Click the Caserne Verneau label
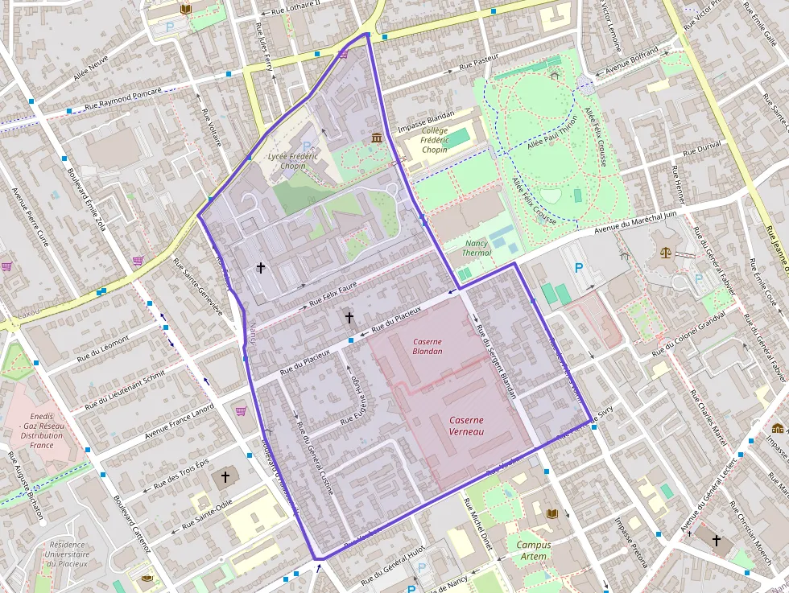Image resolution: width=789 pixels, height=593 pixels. [467, 426]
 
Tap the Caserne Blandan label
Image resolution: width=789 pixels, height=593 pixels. [428, 346]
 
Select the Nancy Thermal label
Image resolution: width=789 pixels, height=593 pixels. [477, 248]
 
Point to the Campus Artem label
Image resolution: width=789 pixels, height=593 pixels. [534, 550]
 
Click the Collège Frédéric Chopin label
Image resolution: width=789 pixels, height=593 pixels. [434, 140]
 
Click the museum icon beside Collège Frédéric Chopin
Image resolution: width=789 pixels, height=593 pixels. [377, 138]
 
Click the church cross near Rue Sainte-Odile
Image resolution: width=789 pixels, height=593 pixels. [225, 477]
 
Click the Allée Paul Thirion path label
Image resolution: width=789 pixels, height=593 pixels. [552, 134]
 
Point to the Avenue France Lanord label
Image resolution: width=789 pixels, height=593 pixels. [180, 422]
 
